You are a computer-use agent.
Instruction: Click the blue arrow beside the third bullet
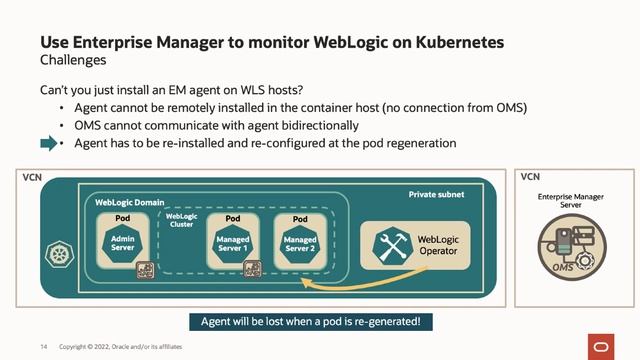pos(49,144)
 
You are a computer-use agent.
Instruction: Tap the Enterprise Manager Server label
pos(570,201)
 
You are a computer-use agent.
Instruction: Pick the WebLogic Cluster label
pos(181,220)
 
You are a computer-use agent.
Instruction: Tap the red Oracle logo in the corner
pos(604,345)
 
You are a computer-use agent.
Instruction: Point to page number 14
pos(44,346)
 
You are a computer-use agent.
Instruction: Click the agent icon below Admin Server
pos(144,269)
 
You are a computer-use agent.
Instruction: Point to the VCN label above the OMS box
pos(530,177)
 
